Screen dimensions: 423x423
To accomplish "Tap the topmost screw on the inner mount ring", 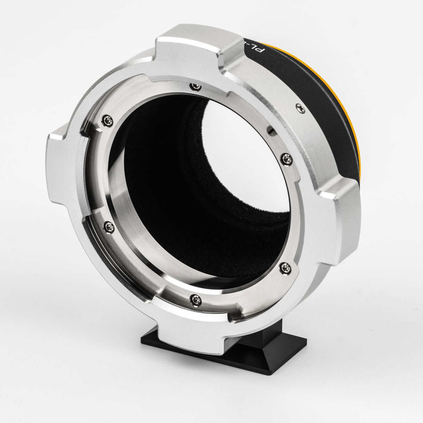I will (x=193, y=86).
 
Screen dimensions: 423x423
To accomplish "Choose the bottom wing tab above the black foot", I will (x=195, y=331).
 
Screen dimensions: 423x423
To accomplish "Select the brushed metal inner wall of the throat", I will (x=132, y=209).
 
